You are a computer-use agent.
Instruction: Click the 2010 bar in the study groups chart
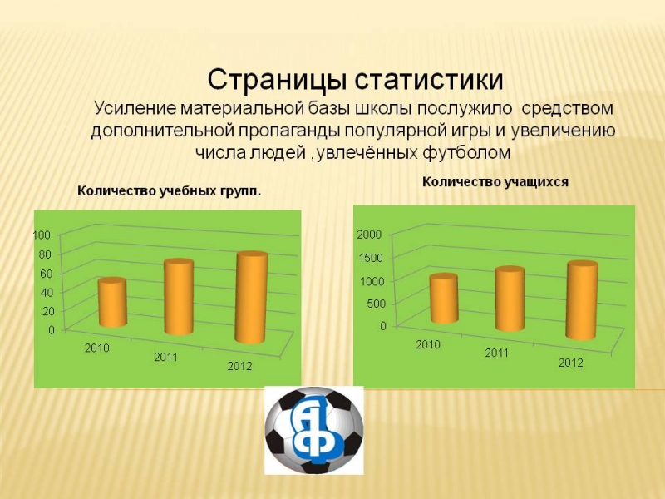tap(112, 302)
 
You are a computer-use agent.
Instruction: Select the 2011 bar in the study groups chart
tap(179, 297)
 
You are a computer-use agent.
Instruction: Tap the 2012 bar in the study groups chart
tap(252, 298)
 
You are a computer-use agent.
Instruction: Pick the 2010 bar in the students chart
tap(444, 299)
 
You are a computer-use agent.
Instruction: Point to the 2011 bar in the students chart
tap(510, 299)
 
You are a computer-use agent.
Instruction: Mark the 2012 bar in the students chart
tap(583, 300)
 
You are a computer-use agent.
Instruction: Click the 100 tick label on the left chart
tap(42, 235)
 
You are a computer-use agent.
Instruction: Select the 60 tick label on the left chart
tap(46, 274)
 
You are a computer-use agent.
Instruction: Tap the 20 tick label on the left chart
tap(49, 311)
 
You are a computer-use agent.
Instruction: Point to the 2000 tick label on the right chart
tap(369, 235)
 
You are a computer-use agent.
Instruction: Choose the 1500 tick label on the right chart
tap(371, 258)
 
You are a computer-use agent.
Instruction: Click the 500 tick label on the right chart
tap(376, 304)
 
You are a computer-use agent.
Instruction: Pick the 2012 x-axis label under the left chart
tap(239, 366)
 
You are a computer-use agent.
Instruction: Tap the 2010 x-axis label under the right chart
tap(428, 344)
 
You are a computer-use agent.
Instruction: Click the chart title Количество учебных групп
tap(170, 191)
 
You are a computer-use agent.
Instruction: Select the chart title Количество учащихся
tap(495, 182)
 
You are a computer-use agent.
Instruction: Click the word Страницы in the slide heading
tap(275, 80)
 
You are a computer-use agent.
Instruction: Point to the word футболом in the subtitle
tap(466, 152)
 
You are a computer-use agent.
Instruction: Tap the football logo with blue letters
tap(314, 430)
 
